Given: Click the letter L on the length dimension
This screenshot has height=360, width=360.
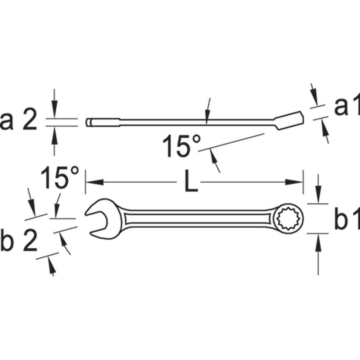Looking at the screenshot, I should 191,182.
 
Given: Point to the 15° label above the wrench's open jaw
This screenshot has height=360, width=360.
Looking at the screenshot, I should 60,178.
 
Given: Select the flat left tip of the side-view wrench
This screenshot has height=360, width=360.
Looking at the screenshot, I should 88,123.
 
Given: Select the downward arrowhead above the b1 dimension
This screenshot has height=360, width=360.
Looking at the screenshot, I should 318,198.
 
